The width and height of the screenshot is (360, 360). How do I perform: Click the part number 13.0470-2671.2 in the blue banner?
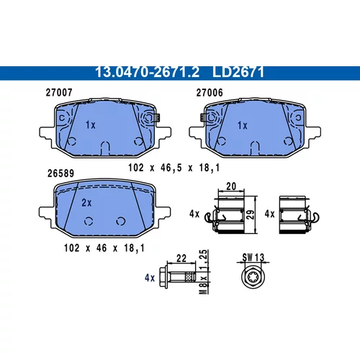pos(148,72)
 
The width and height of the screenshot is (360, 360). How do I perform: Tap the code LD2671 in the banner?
pos(238,72)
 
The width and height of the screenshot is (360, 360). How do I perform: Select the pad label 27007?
pos(59,92)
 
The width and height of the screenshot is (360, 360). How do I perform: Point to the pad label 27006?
pos(210,93)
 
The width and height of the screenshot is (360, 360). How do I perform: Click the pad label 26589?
pos(60,174)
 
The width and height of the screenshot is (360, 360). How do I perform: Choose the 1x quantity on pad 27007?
pos(91,125)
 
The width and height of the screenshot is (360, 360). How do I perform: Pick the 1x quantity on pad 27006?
pos(243,125)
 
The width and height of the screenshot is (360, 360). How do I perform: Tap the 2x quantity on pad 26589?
pos(86,203)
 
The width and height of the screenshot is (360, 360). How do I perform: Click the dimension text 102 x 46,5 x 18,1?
pos(174,168)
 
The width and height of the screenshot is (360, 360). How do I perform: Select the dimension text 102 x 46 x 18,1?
pos(104,248)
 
